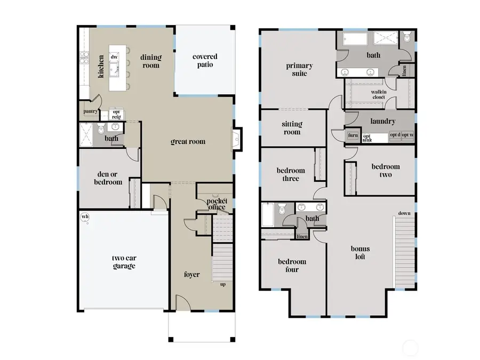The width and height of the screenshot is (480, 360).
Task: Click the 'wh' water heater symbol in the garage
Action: (84, 217)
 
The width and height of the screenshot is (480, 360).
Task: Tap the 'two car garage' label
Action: (123, 262)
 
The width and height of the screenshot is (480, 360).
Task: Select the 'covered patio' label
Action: (205, 60)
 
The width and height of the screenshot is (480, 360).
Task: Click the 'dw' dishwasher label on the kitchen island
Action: (114, 57)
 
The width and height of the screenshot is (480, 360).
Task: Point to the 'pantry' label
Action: (90, 111)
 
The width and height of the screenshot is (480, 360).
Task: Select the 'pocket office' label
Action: (217, 204)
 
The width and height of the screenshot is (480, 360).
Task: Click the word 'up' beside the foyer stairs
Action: (222, 284)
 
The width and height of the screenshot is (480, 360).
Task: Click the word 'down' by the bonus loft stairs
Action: (404, 213)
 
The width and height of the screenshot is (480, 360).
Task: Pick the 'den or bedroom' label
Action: (109, 178)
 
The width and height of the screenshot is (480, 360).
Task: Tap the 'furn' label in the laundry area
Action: (353, 135)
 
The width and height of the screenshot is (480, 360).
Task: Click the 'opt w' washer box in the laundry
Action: (407, 135)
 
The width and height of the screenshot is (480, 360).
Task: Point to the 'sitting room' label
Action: (292, 127)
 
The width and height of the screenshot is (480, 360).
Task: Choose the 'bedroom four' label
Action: (292, 265)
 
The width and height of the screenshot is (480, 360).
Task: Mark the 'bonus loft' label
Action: (360, 252)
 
